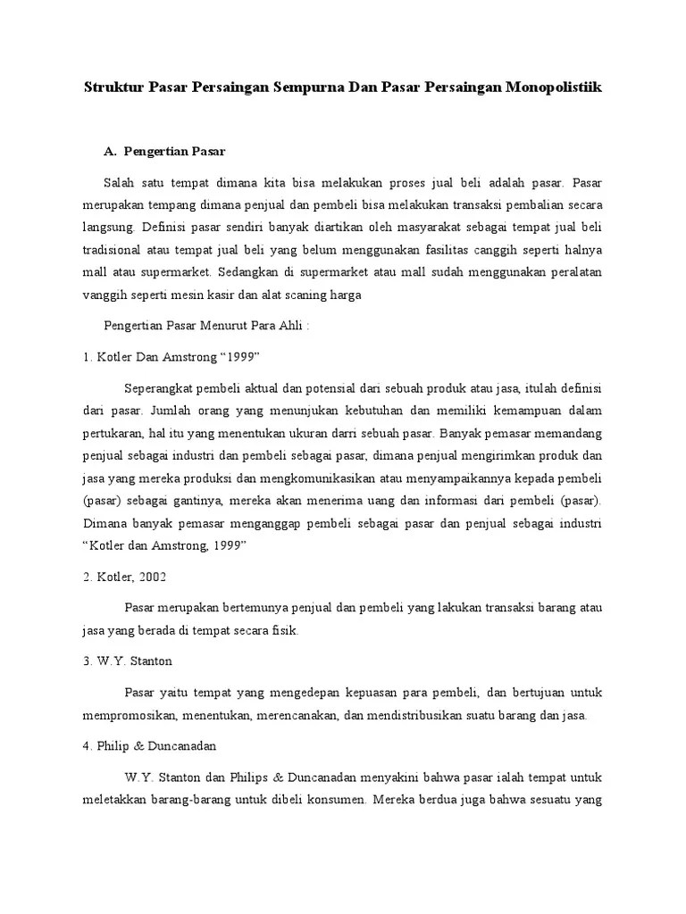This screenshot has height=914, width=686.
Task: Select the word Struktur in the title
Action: [x=113, y=87]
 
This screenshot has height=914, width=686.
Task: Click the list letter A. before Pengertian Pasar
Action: [x=112, y=151]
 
